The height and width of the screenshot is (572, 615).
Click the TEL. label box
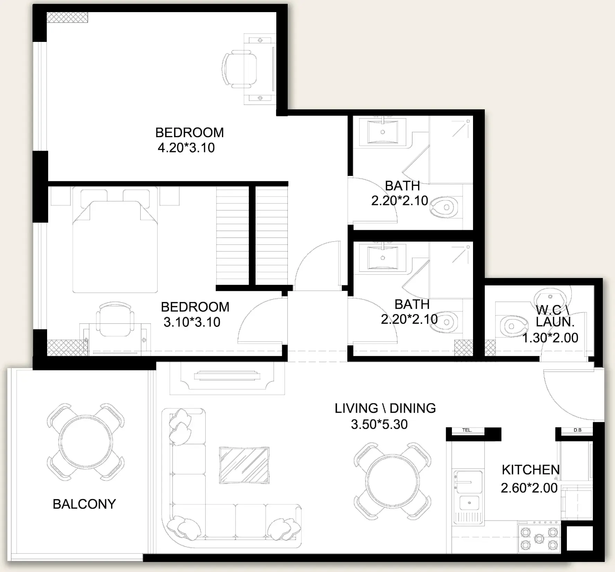click(467, 430)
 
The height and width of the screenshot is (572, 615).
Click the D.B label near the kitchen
click(578, 430)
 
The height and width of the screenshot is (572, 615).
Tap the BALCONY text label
click(84, 504)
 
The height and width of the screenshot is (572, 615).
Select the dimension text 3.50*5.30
click(380, 424)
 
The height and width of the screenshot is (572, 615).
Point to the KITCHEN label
click(531, 470)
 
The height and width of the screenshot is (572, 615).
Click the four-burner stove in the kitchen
click(539, 539)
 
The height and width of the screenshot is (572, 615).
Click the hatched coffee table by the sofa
click(244, 465)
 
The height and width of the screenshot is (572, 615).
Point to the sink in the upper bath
click(382, 131)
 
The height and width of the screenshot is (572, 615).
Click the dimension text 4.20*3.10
click(186, 148)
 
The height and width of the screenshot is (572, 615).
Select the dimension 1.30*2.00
click(550, 338)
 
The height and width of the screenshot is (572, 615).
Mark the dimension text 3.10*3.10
click(192, 322)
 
